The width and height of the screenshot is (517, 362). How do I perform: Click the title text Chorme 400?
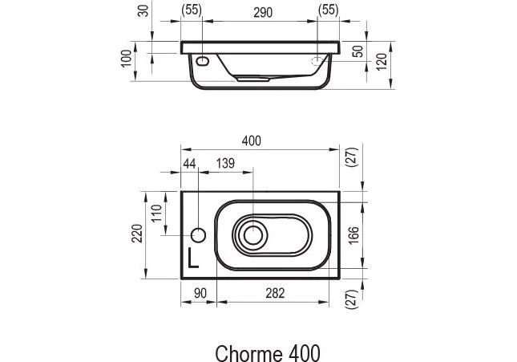[268, 352]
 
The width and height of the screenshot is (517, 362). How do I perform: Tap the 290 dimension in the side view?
[261, 11]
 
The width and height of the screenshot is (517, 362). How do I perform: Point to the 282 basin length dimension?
[275, 295]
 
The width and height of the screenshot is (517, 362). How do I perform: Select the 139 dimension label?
[225, 163]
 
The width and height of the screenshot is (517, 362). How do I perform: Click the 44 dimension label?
[190, 163]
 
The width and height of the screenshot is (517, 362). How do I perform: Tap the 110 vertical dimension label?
[158, 213]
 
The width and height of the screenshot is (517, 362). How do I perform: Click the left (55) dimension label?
[192, 11]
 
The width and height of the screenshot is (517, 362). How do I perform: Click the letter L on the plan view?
[192, 258]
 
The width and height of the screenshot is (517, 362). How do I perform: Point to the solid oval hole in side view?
[202, 60]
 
